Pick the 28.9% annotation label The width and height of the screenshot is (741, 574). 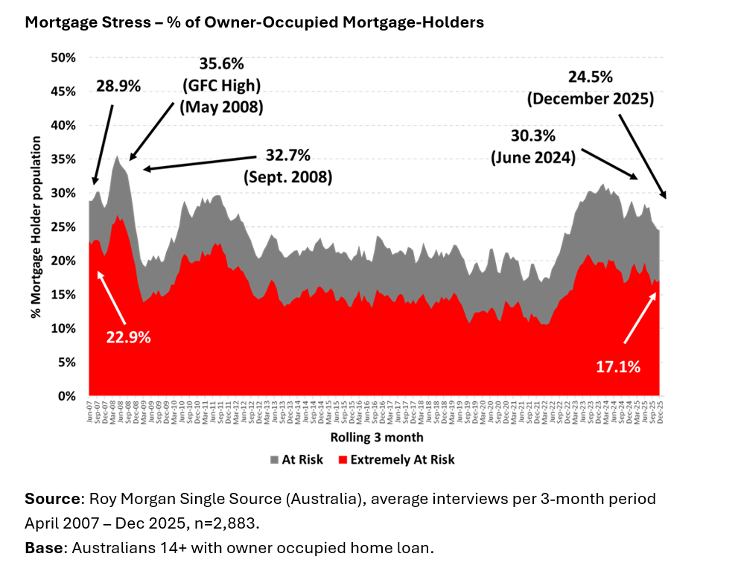point(118,86)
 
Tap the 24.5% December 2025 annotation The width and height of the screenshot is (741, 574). point(590,87)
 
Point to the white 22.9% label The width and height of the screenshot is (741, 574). point(129,337)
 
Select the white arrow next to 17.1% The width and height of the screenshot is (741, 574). point(640,318)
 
